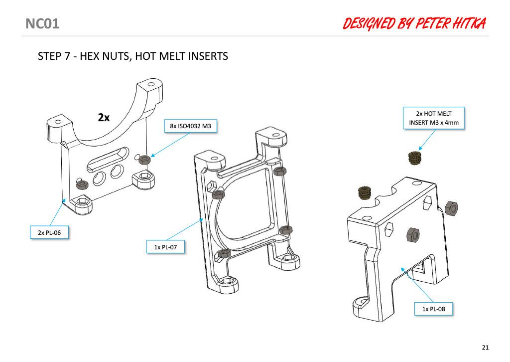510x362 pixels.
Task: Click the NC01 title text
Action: pos(42,24)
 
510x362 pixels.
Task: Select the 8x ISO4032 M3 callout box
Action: pos(191,126)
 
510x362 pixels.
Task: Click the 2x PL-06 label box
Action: pos(49,232)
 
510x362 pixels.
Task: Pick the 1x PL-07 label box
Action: pos(165,247)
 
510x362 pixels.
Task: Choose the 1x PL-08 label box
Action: pos(434,309)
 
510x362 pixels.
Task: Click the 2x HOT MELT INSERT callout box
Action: pos(434,118)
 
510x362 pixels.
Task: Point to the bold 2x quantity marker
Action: pos(104,118)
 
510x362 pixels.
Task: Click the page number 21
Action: pos(485,348)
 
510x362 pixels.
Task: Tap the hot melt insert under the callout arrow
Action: pos(414,158)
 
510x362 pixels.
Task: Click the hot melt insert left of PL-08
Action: pos(365,193)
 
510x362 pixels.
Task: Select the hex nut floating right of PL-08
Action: pos(451,208)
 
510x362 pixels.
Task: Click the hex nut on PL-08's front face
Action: pos(413,234)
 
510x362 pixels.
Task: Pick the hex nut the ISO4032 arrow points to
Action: pos(144,160)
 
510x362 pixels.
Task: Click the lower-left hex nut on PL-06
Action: pos(83,185)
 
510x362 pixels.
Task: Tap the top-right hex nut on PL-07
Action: pos(279,171)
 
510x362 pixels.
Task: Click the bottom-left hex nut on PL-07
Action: pos(224,253)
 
